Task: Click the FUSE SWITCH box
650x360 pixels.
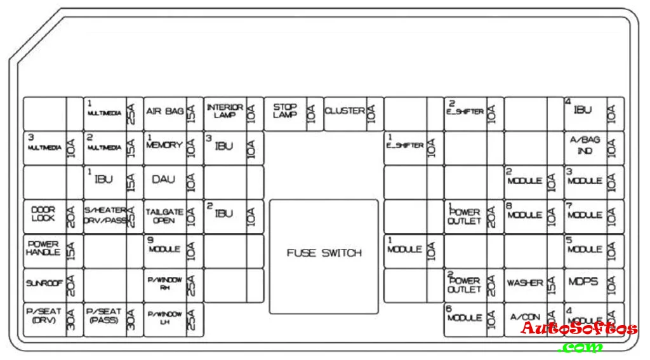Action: tap(324, 254)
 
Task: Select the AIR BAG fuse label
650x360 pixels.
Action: tap(164, 112)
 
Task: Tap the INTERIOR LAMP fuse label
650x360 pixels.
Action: tap(224, 111)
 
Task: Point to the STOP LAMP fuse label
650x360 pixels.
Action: tap(284, 111)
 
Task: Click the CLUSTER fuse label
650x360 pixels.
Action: tap(345, 111)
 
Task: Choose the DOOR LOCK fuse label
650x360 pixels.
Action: tap(43, 214)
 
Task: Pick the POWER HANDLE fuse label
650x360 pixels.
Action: tap(43, 248)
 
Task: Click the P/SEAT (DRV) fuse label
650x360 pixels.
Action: tap(43, 316)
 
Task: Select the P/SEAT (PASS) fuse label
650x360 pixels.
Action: tap(103, 316)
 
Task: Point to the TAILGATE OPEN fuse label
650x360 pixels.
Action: tap(164, 216)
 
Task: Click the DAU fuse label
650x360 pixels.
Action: tap(164, 180)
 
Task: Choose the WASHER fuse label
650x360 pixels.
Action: tap(525, 283)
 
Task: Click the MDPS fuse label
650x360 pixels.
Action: tap(583, 282)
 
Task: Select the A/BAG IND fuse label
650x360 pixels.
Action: tap(584, 146)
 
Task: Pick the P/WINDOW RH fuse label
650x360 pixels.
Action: tap(164, 283)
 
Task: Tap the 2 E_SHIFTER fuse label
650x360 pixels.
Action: tap(465, 110)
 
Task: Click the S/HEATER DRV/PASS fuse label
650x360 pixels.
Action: tap(105, 215)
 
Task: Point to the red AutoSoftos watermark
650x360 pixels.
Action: tap(579, 329)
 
